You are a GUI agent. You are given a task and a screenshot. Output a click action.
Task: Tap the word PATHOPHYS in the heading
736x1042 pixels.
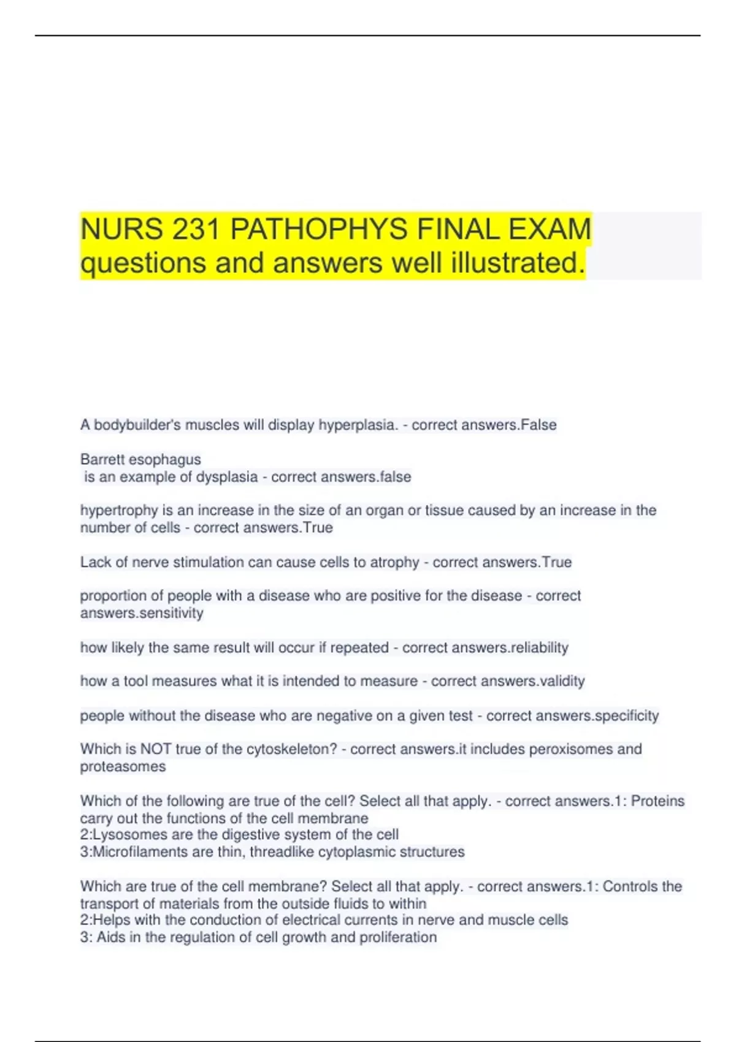(319, 230)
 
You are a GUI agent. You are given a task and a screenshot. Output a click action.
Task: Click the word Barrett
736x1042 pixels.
(102, 459)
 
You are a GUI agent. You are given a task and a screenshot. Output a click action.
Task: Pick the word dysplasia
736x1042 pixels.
(226, 477)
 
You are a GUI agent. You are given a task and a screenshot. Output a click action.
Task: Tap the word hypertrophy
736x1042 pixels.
(119, 511)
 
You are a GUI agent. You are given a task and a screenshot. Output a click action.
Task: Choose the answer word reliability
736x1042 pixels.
(538, 647)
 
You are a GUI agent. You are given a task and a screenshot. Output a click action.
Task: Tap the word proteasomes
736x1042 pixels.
(123, 766)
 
